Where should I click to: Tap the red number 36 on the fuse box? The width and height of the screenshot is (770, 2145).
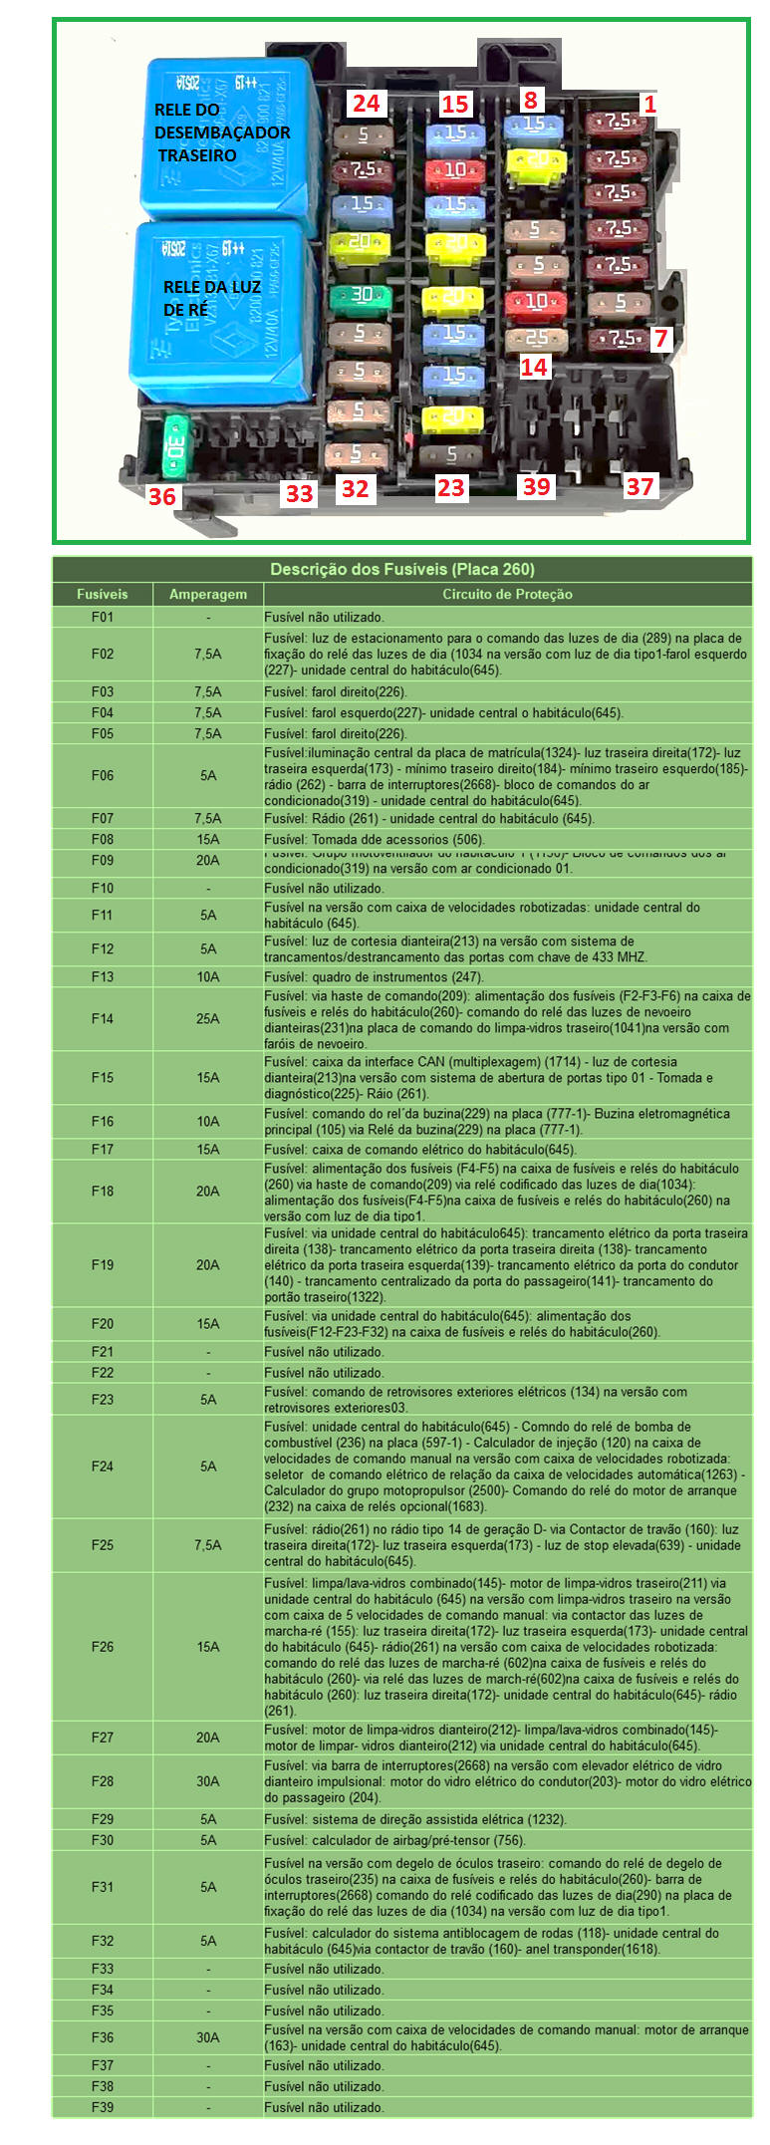click(162, 495)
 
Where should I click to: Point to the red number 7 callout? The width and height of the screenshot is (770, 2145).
click(660, 339)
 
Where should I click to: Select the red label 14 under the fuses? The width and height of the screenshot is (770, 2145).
click(534, 367)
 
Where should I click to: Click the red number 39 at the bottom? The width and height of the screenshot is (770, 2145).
click(536, 486)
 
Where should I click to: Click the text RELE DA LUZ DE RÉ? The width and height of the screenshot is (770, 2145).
click(211, 298)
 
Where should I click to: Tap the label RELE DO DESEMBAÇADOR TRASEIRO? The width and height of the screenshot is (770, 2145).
click(221, 133)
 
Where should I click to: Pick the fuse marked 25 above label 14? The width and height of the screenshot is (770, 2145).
click(536, 339)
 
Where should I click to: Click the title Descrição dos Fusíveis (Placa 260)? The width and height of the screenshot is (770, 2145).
click(402, 570)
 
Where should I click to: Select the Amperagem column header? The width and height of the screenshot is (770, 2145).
click(207, 595)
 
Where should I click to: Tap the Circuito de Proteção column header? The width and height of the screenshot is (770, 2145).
click(507, 595)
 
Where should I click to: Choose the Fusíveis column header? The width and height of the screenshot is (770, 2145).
click(103, 595)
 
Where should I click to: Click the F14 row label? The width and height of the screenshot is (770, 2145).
click(103, 1019)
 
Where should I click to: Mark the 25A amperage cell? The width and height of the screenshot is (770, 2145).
click(207, 1019)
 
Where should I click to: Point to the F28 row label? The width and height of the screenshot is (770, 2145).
click(103, 1780)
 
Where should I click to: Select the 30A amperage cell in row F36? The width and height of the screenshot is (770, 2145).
click(207, 2037)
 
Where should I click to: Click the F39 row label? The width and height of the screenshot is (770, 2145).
click(103, 2107)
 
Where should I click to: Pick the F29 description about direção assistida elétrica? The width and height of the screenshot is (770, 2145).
click(414, 1819)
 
